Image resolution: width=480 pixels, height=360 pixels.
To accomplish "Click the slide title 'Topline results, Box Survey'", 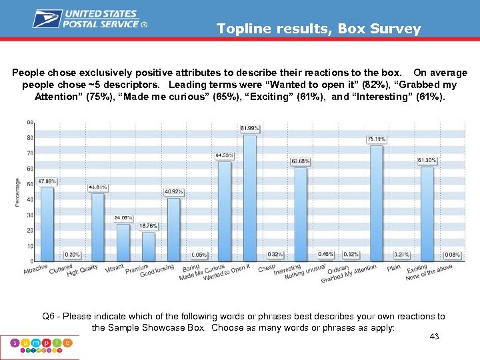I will [319, 29].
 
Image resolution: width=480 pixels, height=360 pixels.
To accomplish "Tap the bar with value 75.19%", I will [377, 203].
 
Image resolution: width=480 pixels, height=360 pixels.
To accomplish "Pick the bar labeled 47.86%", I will [47, 224].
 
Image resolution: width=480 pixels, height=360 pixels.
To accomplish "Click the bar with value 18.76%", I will [149, 246].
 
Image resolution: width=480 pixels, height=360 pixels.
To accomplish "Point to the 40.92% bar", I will [174, 229].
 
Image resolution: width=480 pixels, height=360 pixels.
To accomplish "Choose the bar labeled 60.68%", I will [301, 214].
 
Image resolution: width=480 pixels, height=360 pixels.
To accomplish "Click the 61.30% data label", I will [427, 160].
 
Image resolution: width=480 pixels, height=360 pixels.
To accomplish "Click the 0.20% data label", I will [73, 255].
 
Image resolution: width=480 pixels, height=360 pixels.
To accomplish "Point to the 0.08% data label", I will [453, 255].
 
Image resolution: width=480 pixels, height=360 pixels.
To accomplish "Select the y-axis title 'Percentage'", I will [17, 192].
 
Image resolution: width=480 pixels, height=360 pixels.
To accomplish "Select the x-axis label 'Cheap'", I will [267, 267].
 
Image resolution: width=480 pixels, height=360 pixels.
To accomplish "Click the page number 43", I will [434, 337].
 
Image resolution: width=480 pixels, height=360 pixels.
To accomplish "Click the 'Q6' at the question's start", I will [49, 316].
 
